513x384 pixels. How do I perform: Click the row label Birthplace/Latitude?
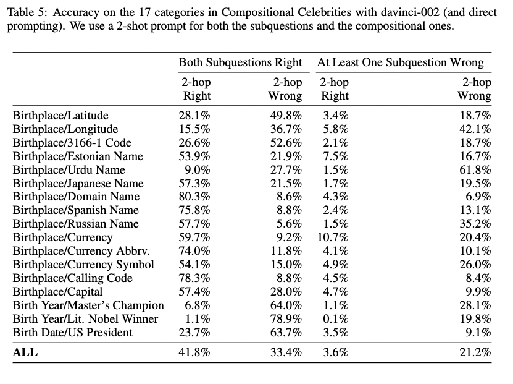[x=60, y=116]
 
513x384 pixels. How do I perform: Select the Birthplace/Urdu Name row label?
[x=69, y=170]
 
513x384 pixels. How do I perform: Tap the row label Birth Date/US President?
[x=73, y=333]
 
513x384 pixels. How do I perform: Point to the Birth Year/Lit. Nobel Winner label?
[x=85, y=319]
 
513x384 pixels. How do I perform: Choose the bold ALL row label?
[x=25, y=352]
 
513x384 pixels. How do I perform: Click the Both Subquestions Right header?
[x=241, y=62]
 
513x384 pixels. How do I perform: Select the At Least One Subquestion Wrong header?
[x=401, y=62]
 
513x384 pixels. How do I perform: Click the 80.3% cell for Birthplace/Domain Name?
[x=194, y=197]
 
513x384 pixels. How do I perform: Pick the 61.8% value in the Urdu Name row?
[x=475, y=170]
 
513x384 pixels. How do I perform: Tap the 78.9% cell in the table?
[x=286, y=319]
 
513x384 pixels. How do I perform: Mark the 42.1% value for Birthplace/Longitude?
[x=475, y=129]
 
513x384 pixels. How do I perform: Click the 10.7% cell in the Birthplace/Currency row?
[x=333, y=237]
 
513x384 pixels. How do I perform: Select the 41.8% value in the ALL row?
[x=194, y=352]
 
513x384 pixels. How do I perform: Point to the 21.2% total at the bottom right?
[x=475, y=352]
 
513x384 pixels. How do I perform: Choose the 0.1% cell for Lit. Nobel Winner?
[x=336, y=319]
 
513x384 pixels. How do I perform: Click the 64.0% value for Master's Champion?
[x=286, y=305]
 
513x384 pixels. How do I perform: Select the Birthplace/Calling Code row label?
[x=73, y=278]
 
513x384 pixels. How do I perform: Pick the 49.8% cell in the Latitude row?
[x=286, y=116]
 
